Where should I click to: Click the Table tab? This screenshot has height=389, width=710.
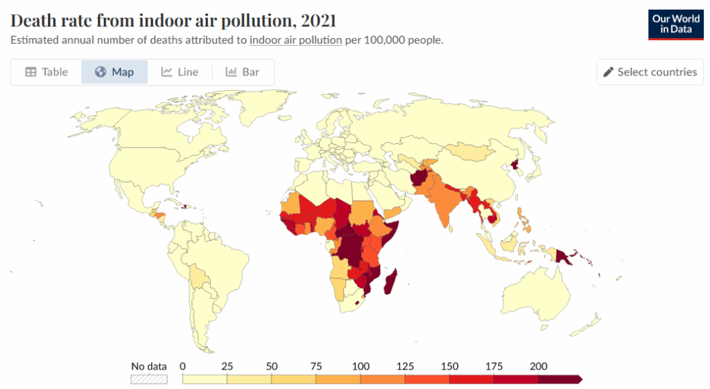(46, 72)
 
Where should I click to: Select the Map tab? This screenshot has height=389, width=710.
(114, 72)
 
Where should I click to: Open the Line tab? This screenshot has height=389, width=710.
(180, 72)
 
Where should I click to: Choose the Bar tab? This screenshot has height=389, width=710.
(242, 72)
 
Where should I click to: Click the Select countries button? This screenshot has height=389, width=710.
(650, 72)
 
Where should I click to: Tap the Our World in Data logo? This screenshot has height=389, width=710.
(675, 24)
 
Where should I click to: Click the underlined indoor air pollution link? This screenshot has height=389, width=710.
(295, 40)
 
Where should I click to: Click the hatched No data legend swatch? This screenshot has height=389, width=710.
(149, 379)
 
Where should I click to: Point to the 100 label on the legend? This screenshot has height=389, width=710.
(361, 366)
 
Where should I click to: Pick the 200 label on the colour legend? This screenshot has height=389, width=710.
(539, 366)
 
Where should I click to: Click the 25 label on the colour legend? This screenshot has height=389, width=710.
(227, 366)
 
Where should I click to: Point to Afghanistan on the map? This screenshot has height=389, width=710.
(419, 181)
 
